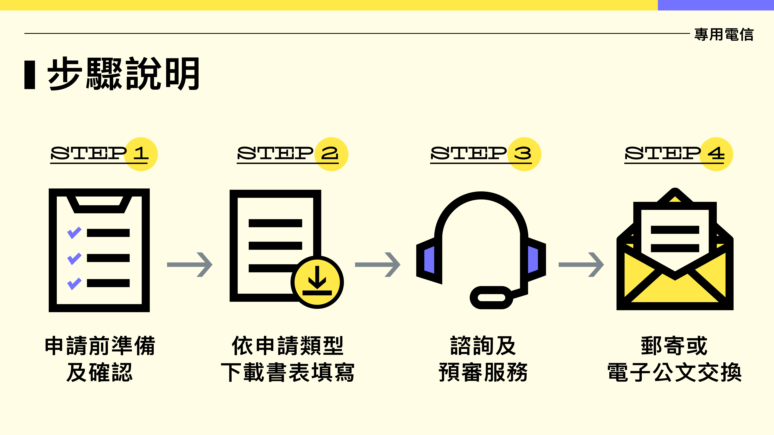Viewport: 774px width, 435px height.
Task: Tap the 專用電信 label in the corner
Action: pyautogui.click(x=723, y=35)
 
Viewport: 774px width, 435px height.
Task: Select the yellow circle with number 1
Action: pyautogui.click(x=141, y=154)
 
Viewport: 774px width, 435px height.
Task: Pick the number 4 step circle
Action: pyautogui.click(x=716, y=154)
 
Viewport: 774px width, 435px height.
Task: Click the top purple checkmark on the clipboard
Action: pyautogui.click(x=74, y=233)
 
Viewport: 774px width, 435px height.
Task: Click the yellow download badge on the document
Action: pyautogui.click(x=317, y=282)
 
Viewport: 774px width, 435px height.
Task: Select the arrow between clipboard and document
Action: pyautogui.click(x=190, y=264)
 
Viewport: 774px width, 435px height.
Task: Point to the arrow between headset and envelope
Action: pyautogui.click(x=581, y=264)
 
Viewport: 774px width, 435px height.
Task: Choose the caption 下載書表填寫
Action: pyautogui.click(x=288, y=372)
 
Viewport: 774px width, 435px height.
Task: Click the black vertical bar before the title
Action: pyautogui.click(x=30, y=75)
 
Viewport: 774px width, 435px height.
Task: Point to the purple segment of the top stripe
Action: pyautogui.click(x=716, y=5)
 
